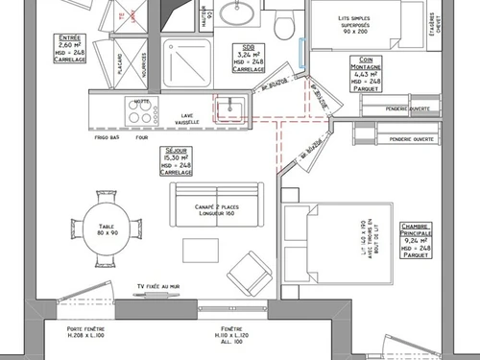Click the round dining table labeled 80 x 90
tap(106, 228)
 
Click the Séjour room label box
tap(178, 161)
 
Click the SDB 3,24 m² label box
tap(249, 60)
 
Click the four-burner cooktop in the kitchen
tap(142, 111)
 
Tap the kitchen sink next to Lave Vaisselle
tap(227, 107)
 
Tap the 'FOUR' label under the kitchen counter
tap(141, 136)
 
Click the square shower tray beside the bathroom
tap(180, 62)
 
